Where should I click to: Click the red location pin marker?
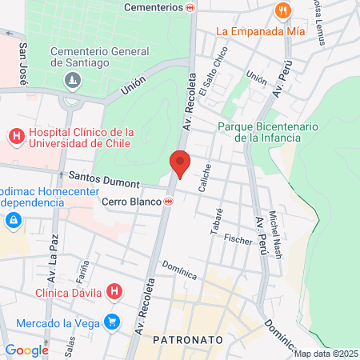pyautogui.click(x=180, y=163)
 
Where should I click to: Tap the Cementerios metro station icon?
pyautogui.click(x=190, y=7)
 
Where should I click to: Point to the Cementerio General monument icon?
pyautogui.click(x=73, y=80)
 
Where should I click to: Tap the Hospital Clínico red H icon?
pyautogui.click(x=16, y=138)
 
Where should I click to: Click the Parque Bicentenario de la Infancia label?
pyautogui.click(x=268, y=132)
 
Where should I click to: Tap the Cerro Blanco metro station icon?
pyautogui.click(x=168, y=202)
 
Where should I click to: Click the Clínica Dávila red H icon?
pyautogui.click(x=115, y=292)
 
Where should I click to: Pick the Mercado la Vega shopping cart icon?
pyautogui.click(x=113, y=323)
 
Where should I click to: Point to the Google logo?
pyautogui.click(x=26, y=350)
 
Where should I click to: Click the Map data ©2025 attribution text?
pyautogui.click(x=326, y=354)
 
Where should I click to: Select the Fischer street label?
pyautogui.click(x=238, y=238)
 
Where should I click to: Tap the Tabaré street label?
pyautogui.click(x=215, y=221)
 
